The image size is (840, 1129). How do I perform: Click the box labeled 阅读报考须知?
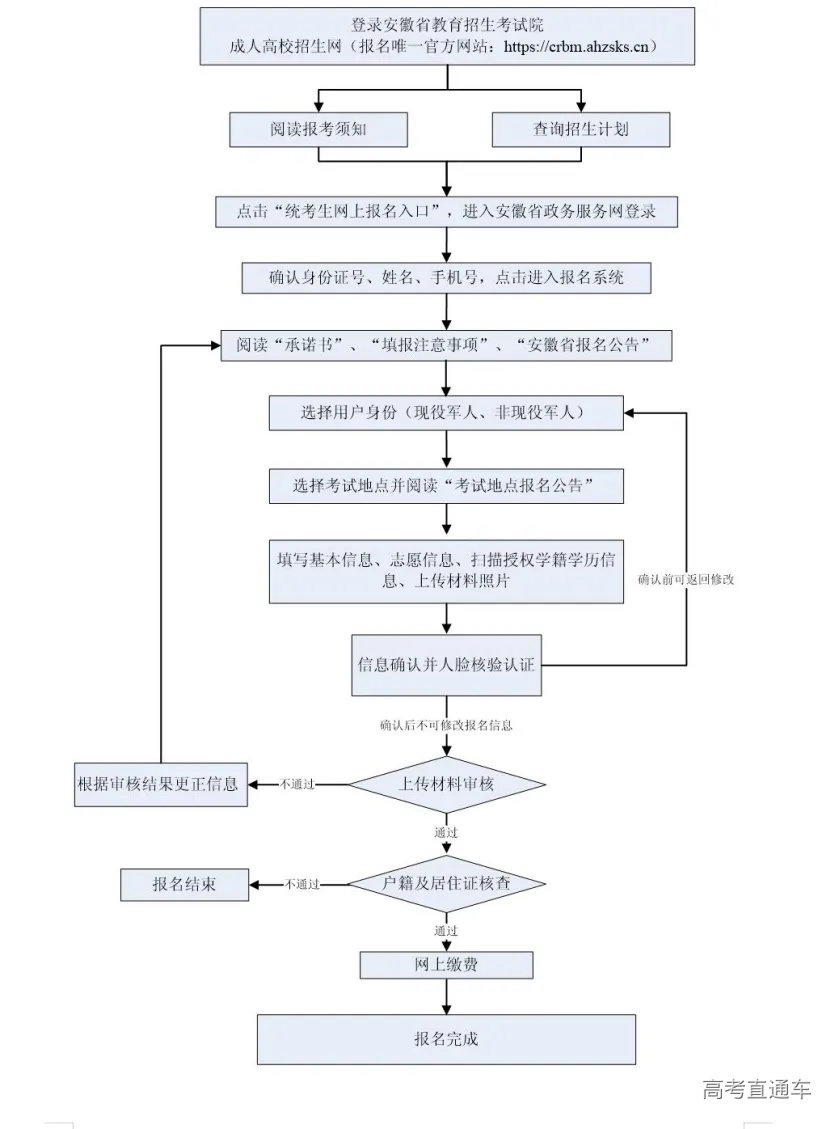tap(319, 129)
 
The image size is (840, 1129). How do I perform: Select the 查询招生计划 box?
tap(580, 129)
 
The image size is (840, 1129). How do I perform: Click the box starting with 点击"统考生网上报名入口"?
tap(446, 211)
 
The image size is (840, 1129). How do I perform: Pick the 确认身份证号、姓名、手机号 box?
tap(446, 277)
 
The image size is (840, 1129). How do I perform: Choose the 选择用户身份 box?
tap(446, 412)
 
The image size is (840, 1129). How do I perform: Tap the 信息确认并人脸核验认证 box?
tap(446, 663)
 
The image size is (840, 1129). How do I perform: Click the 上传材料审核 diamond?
tap(446, 784)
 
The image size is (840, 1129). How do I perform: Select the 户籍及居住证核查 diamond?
tap(446, 884)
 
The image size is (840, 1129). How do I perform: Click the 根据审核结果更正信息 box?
tap(161, 783)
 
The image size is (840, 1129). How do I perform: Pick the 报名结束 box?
tap(184, 884)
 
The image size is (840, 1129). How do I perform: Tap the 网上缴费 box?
tap(446, 964)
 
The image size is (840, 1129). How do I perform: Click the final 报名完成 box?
tap(446, 1039)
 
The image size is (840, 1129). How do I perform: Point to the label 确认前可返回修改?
tap(686, 579)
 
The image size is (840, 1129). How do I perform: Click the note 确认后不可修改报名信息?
tap(446, 725)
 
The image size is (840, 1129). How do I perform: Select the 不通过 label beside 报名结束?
tap(301, 885)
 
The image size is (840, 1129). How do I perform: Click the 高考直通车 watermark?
tap(757, 1090)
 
